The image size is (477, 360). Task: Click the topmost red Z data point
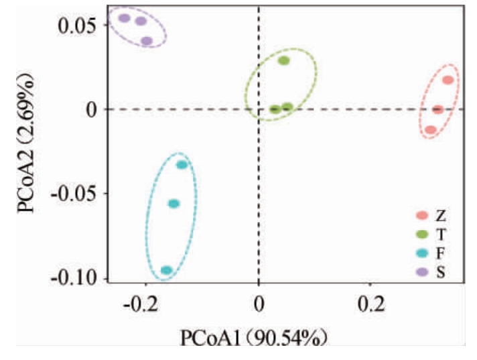448,80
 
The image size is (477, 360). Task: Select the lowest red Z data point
431,129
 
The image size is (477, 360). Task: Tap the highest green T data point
284,61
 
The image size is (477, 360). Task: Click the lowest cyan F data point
166,270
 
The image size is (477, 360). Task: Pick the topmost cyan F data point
182,165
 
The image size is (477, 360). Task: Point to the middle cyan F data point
174,204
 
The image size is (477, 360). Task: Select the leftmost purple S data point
125,18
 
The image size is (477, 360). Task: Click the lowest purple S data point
147,42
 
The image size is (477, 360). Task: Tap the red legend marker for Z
422,216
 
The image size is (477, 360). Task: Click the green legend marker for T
422,235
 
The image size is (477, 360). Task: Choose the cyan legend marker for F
422,253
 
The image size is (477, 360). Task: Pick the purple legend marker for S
422,272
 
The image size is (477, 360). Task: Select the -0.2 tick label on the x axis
142,306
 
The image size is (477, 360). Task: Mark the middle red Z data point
437,109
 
